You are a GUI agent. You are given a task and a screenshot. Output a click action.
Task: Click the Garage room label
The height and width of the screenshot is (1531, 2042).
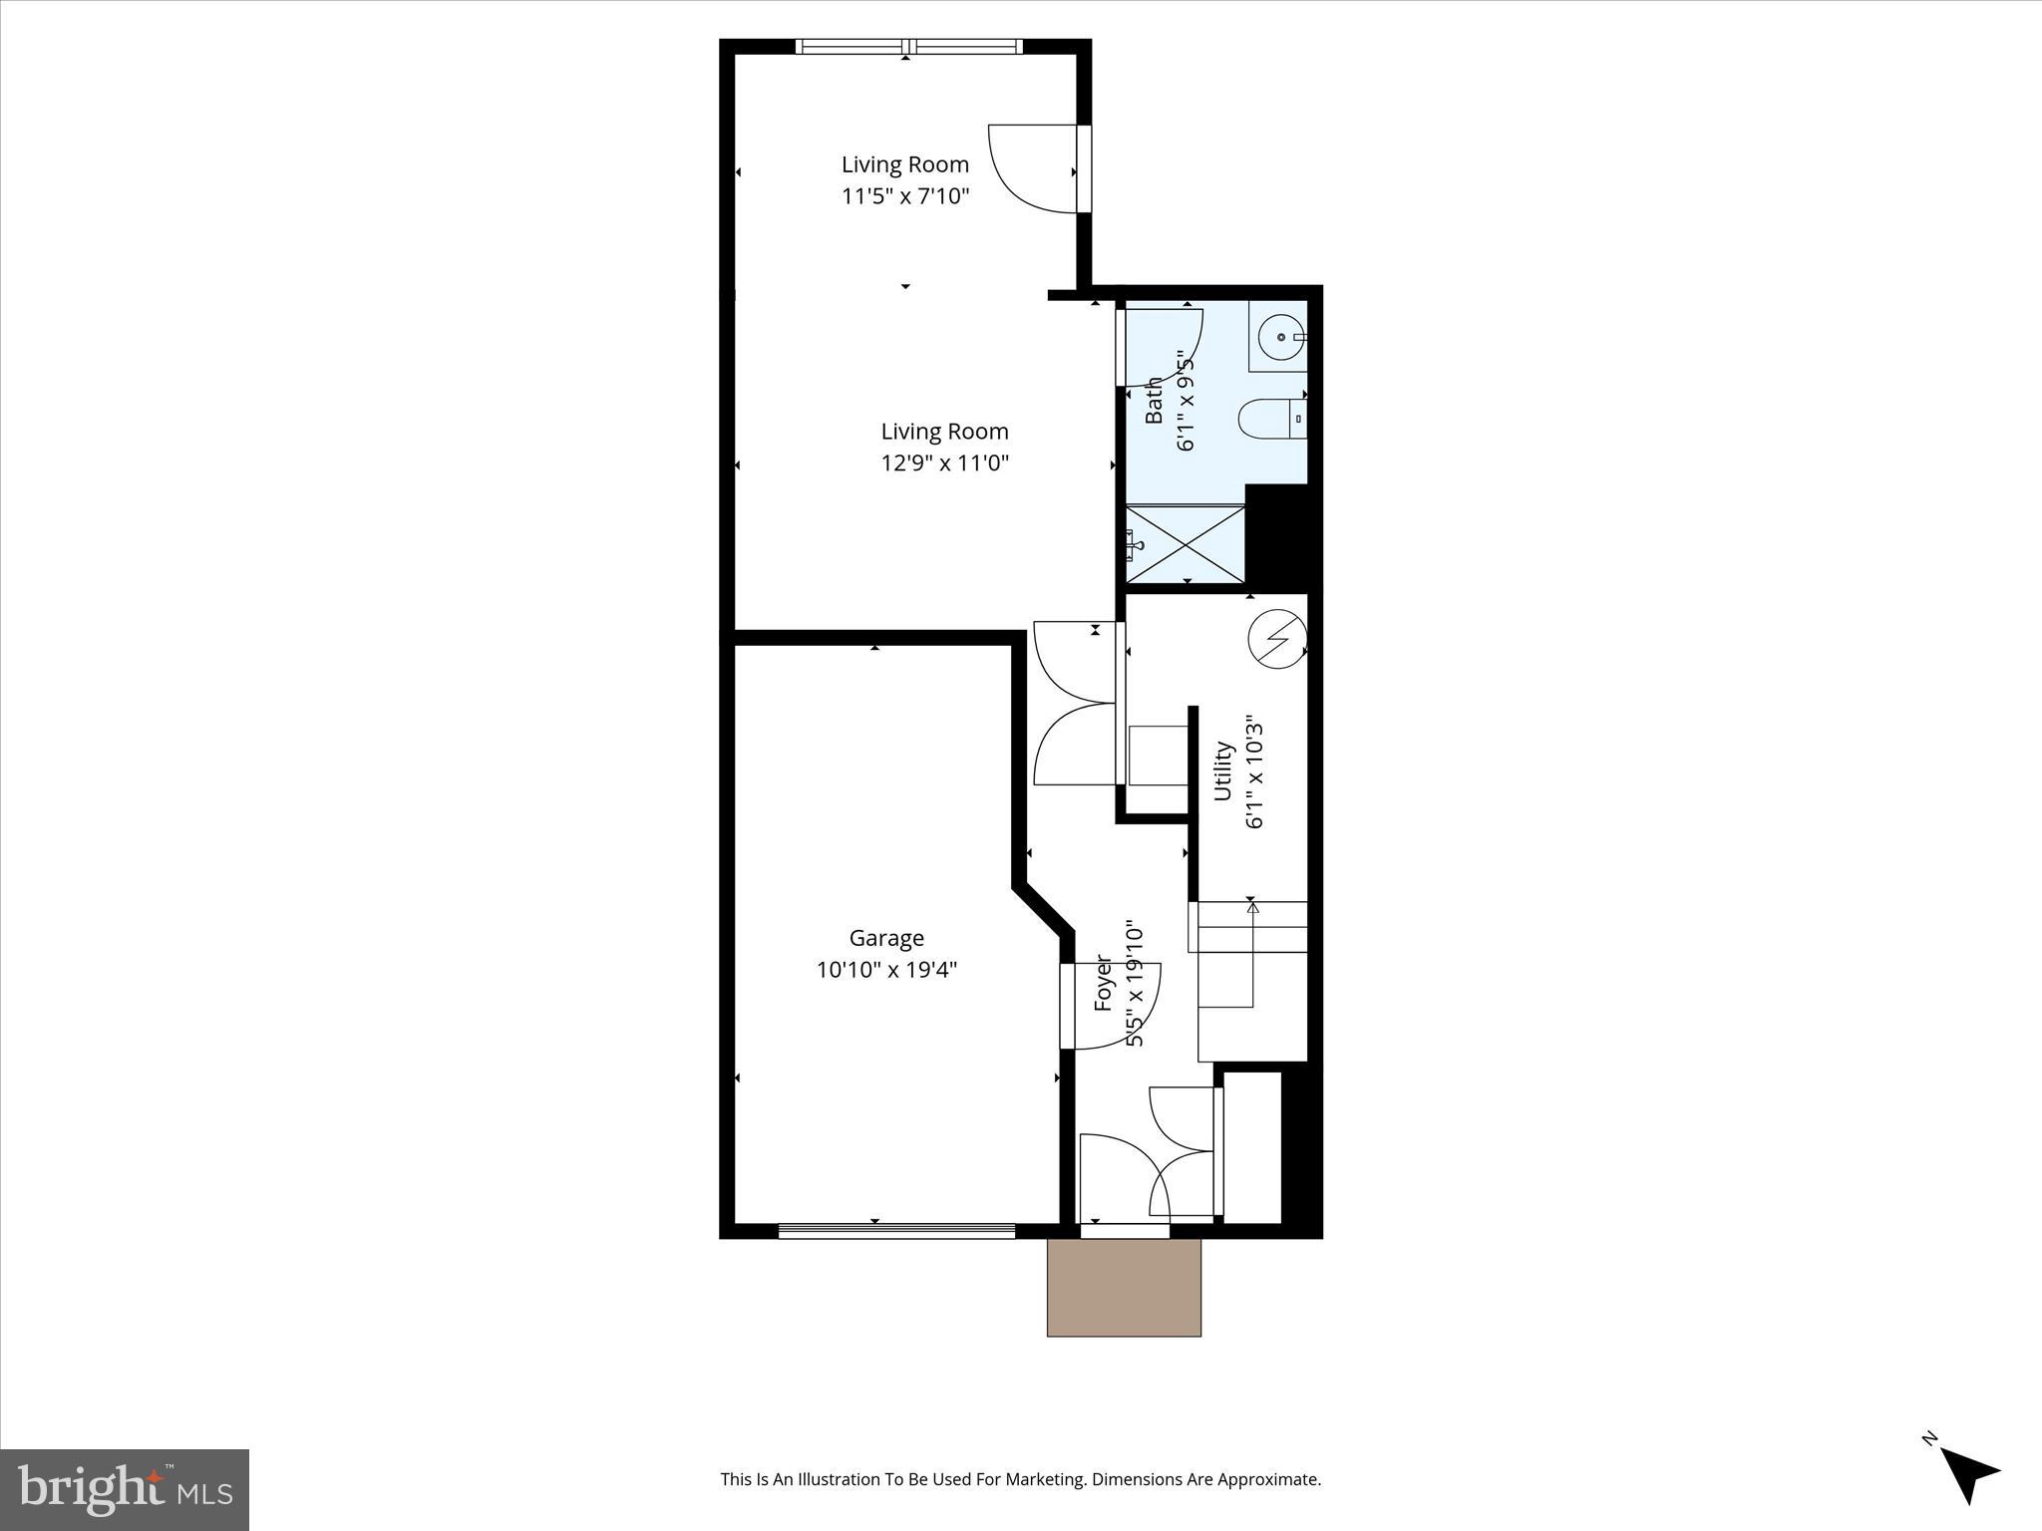886,938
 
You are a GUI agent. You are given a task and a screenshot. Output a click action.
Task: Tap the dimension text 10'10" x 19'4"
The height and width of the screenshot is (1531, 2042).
886,970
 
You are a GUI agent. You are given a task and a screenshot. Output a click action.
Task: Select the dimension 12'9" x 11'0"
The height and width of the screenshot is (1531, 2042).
944,463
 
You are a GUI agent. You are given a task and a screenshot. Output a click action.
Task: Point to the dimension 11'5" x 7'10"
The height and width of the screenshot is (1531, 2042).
905,196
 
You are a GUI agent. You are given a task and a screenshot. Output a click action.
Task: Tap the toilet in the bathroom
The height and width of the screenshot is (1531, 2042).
1271,420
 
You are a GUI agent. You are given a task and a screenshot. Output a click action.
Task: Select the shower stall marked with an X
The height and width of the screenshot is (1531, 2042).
1186,544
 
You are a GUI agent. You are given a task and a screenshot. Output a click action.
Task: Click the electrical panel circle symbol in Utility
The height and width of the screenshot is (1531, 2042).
1277,638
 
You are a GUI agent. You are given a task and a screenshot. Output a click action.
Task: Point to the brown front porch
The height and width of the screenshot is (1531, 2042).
1124,1287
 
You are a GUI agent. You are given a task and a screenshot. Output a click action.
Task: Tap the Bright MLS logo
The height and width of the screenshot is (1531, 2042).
125,1488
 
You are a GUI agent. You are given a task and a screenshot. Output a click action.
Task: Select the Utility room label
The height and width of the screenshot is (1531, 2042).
1223,771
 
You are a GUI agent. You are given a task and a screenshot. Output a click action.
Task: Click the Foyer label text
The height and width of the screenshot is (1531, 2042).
1104,983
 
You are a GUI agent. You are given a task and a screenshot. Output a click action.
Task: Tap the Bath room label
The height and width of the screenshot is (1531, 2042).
1154,400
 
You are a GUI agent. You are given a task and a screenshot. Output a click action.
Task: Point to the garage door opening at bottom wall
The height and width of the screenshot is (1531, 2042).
896,1232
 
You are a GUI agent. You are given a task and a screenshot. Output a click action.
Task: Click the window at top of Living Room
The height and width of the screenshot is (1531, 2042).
908,46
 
